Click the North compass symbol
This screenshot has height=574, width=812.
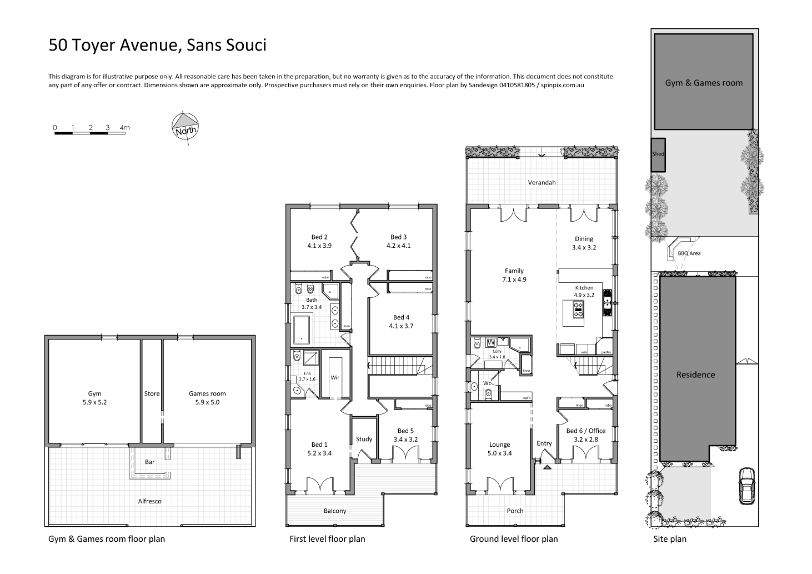[186, 127]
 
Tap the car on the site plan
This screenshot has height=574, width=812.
[746, 486]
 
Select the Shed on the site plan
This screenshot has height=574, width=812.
[658, 154]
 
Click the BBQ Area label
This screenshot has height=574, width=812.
[689, 253]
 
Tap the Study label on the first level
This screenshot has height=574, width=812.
[364, 439]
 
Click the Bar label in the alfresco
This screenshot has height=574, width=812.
[149, 462]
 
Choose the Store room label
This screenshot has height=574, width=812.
[152, 393]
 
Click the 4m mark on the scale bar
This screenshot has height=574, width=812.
[124, 128]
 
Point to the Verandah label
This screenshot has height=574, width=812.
[542, 182]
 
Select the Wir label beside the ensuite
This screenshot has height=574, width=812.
[335, 377]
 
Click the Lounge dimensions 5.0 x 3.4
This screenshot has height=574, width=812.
[499, 453]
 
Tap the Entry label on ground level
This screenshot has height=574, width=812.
[544, 443]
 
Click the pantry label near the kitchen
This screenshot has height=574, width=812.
[606, 352]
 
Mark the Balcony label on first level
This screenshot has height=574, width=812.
[335, 511]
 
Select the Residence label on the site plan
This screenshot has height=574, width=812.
[695, 375]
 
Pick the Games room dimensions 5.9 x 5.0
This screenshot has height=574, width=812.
[207, 402]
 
